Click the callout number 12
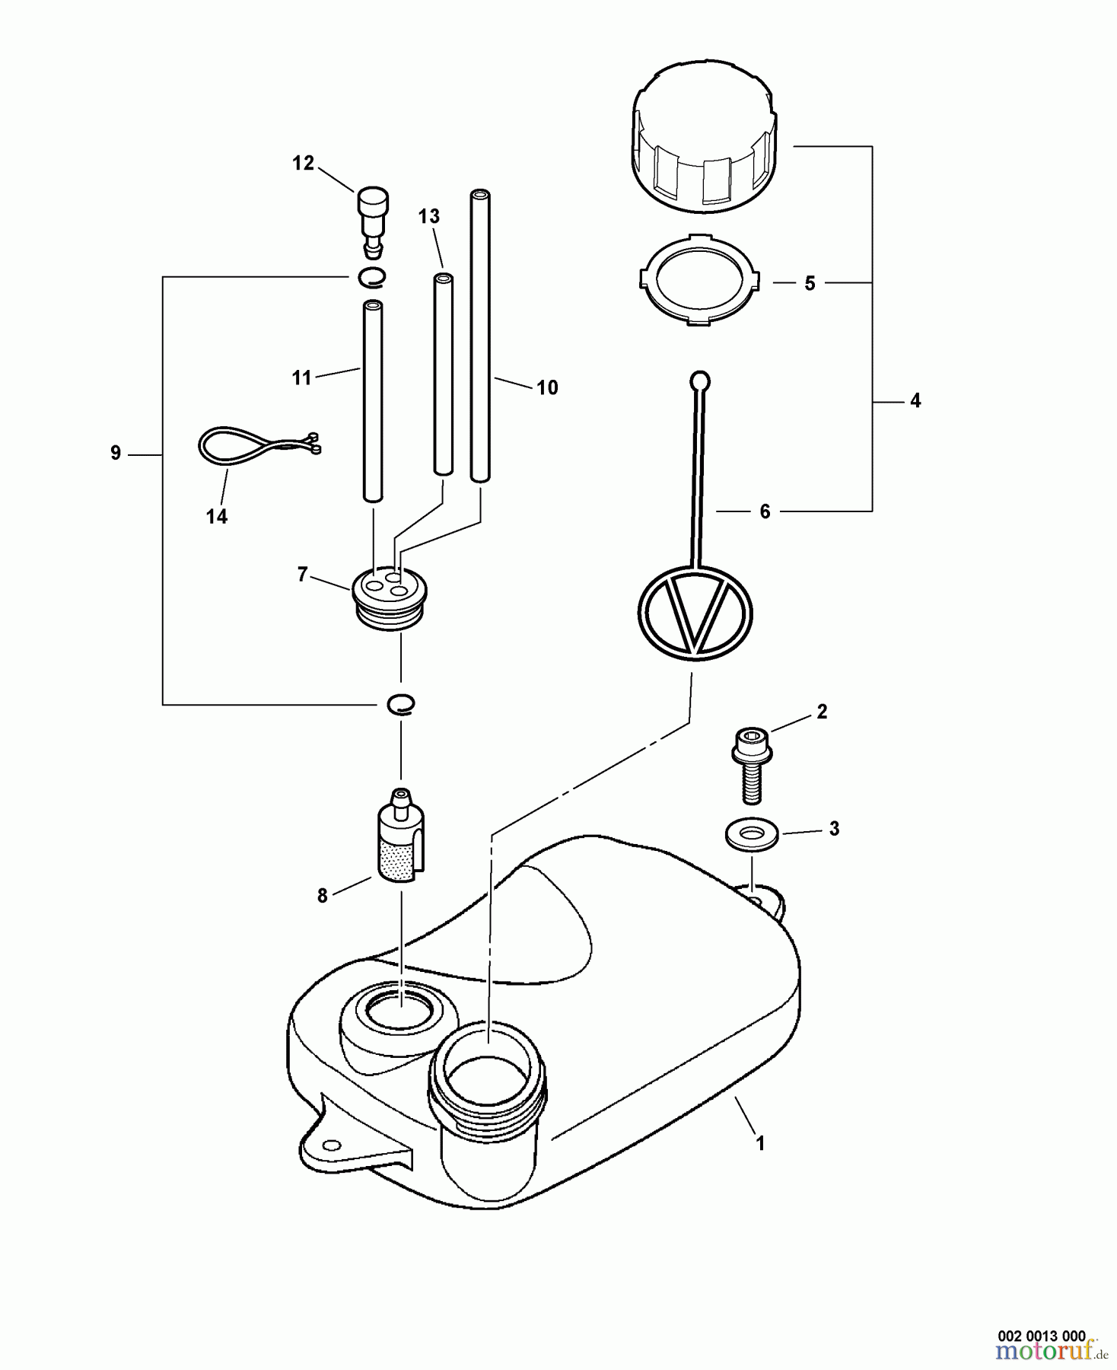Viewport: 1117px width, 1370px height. coord(303,164)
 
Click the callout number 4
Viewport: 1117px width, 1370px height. coord(915,401)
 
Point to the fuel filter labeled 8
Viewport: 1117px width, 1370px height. coord(400,837)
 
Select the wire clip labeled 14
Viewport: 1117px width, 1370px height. coord(251,447)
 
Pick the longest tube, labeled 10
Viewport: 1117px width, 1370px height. coord(479,335)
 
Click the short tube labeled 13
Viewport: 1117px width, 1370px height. coord(443,373)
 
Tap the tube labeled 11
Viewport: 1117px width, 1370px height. coord(373,400)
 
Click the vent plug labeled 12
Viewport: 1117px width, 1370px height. coord(372,217)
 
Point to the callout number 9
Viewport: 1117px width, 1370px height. coord(116,454)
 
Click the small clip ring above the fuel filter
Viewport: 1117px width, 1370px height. coord(400,706)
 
